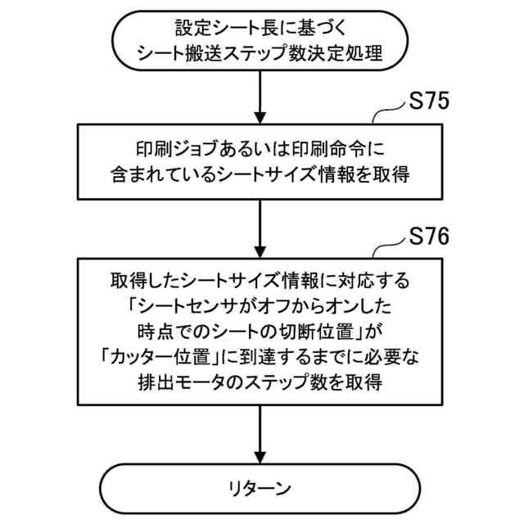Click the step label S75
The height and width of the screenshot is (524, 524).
click(427, 105)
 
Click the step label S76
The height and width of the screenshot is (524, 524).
click(427, 237)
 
